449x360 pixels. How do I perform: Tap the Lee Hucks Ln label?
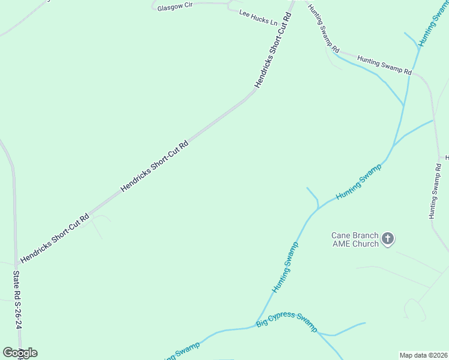(x=258, y=17)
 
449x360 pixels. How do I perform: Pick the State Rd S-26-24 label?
(x=18, y=299)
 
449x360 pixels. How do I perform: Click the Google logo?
(x=20, y=352)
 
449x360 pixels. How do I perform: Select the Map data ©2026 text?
(x=423, y=355)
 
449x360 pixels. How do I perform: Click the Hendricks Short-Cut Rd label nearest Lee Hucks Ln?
(x=273, y=50)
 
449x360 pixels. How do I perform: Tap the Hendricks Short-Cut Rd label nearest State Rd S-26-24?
(x=55, y=238)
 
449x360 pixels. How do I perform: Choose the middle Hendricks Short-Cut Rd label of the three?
(x=154, y=166)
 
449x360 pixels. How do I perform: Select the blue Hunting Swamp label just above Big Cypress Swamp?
(x=285, y=267)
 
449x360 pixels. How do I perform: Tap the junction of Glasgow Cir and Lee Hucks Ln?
(x=229, y=7)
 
